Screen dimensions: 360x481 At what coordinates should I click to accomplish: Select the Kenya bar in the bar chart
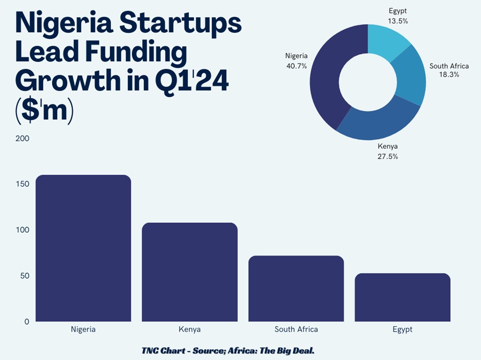(189, 272)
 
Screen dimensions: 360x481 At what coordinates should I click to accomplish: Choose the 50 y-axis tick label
(24, 276)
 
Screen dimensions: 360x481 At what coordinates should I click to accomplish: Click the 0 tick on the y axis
(27, 322)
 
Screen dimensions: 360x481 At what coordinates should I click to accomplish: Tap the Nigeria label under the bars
(83, 329)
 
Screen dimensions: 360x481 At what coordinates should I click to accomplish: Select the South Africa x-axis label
(296, 329)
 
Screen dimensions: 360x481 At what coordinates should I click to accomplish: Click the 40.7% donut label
(297, 66)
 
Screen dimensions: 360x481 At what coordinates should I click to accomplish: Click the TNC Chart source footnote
(234, 350)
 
